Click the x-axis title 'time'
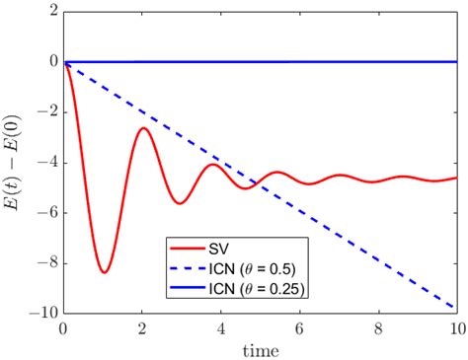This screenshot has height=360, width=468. click(260, 349)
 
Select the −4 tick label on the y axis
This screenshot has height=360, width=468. click(46, 162)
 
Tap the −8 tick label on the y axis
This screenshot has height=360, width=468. click(46, 262)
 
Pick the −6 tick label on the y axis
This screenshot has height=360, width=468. click(46, 212)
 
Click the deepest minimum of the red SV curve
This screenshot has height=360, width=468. click(104, 271)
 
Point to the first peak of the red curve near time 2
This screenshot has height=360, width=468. click(143, 127)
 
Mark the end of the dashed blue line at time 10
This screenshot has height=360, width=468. click(454, 308)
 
